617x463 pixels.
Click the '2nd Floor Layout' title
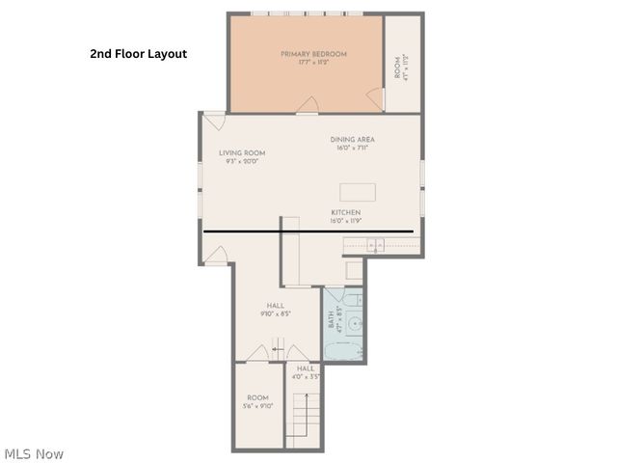tap(138, 54)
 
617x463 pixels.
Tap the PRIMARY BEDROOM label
tap(313, 54)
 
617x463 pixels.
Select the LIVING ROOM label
tap(241, 152)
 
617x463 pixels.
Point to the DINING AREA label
tap(352, 140)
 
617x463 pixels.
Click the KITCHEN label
tap(345, 212)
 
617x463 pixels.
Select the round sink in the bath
tap(354, 325)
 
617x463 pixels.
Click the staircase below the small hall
tap(305, 421)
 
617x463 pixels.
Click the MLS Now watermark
tap(34, 453)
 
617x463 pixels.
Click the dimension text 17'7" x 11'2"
tap(313, 63)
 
